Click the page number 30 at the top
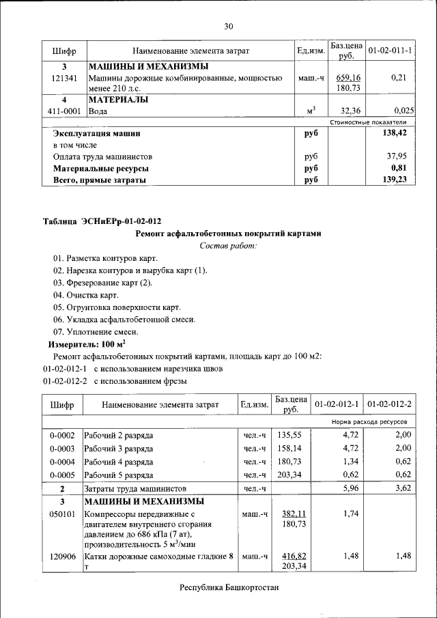(229, 27)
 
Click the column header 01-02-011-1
(389, 51)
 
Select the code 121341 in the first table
(64, 79)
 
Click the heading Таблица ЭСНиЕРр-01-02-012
(102, 221)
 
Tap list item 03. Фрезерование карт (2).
(102, 283)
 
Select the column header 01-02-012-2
(389, 405)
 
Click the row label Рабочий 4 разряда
(118, 462)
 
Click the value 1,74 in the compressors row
(350, 514)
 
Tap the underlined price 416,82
(293, 557)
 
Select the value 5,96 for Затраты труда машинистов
(350, 488)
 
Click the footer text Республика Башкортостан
(229, 587)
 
